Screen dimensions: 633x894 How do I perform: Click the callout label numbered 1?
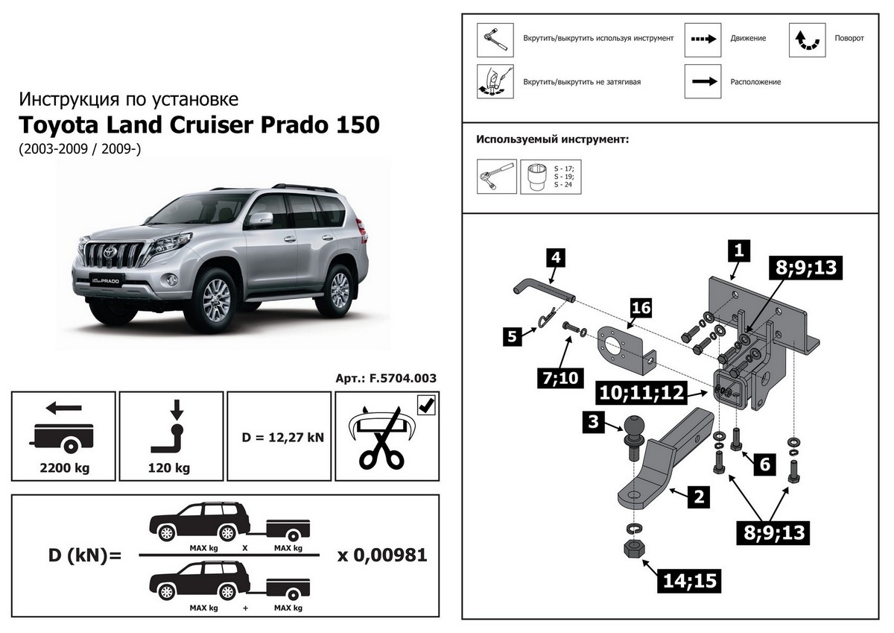[x=738, y=251]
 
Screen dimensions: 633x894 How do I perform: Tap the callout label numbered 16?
[x=641, y=307]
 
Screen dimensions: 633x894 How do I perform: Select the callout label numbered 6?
[x=764, y=464]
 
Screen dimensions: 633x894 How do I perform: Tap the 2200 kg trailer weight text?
[x=63, y=468]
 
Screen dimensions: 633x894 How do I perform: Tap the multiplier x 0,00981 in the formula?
[x=382, y=555]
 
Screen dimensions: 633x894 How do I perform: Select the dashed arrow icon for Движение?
[x=703, y=38]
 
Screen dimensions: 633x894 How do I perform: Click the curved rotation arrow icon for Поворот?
[x=808, y=40]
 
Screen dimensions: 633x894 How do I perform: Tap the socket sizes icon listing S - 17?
[x=551, y=176]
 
